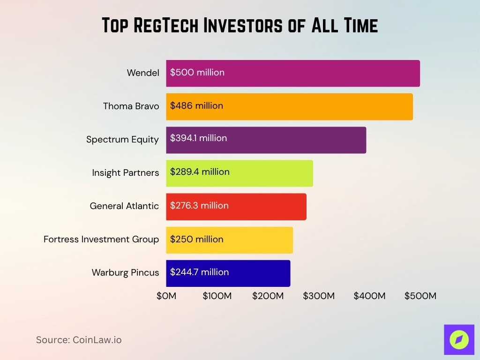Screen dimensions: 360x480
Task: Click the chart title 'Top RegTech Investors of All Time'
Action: [240, 26]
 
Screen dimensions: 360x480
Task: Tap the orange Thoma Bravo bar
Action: [319, 106]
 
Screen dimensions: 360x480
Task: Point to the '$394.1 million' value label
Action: [198, 138]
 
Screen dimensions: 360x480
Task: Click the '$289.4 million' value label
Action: [200, 172]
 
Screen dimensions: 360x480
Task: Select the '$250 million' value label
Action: [196, 239]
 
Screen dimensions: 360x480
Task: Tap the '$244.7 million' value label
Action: [199, 272]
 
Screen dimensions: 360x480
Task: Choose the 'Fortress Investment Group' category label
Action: [101, 240]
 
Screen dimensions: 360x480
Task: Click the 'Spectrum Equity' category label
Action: [122, 140]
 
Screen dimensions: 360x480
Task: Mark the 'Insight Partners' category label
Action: [125, 173]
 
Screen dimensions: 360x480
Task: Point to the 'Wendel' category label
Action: [143, 73]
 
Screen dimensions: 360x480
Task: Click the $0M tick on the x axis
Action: [166, 296]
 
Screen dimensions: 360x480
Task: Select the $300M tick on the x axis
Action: [319, 296]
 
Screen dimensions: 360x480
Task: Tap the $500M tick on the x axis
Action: [420, 296]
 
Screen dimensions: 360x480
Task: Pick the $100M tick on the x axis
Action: [217, 296]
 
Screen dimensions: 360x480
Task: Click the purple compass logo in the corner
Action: [459, 339]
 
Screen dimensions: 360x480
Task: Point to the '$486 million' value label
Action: [196, 106]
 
